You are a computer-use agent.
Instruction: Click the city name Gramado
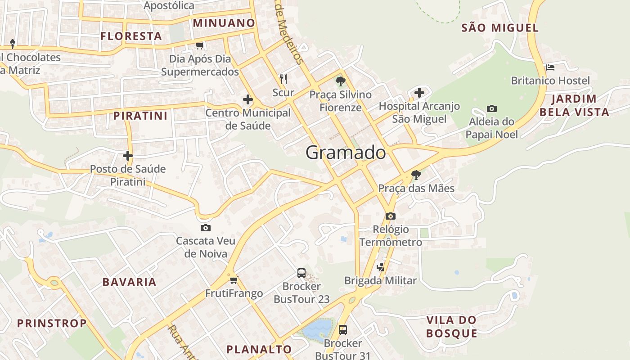346,153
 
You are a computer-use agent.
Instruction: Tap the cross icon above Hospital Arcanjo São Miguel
419,93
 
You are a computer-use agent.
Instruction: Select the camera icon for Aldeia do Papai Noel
492,108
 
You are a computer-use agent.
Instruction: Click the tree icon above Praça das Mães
416,175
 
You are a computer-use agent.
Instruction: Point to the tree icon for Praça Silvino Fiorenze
341,81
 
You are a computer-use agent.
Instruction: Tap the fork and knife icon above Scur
283,79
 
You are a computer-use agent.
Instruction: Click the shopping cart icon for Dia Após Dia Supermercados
200,45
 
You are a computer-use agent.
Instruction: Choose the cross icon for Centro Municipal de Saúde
248,99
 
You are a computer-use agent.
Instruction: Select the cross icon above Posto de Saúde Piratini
128,156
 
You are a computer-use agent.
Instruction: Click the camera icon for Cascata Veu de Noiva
206,228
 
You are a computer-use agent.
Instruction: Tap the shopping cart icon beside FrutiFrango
234,280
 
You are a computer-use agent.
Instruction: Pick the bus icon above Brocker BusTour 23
301,273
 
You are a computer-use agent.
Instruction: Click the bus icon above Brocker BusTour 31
343,330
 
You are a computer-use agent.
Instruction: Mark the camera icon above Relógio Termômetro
391,216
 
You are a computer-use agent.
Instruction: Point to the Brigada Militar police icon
381,267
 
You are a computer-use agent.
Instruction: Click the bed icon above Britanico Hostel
550,67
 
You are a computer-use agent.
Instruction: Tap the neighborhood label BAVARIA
129,282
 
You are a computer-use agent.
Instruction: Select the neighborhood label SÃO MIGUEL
500,28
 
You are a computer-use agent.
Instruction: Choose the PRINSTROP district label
52,323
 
